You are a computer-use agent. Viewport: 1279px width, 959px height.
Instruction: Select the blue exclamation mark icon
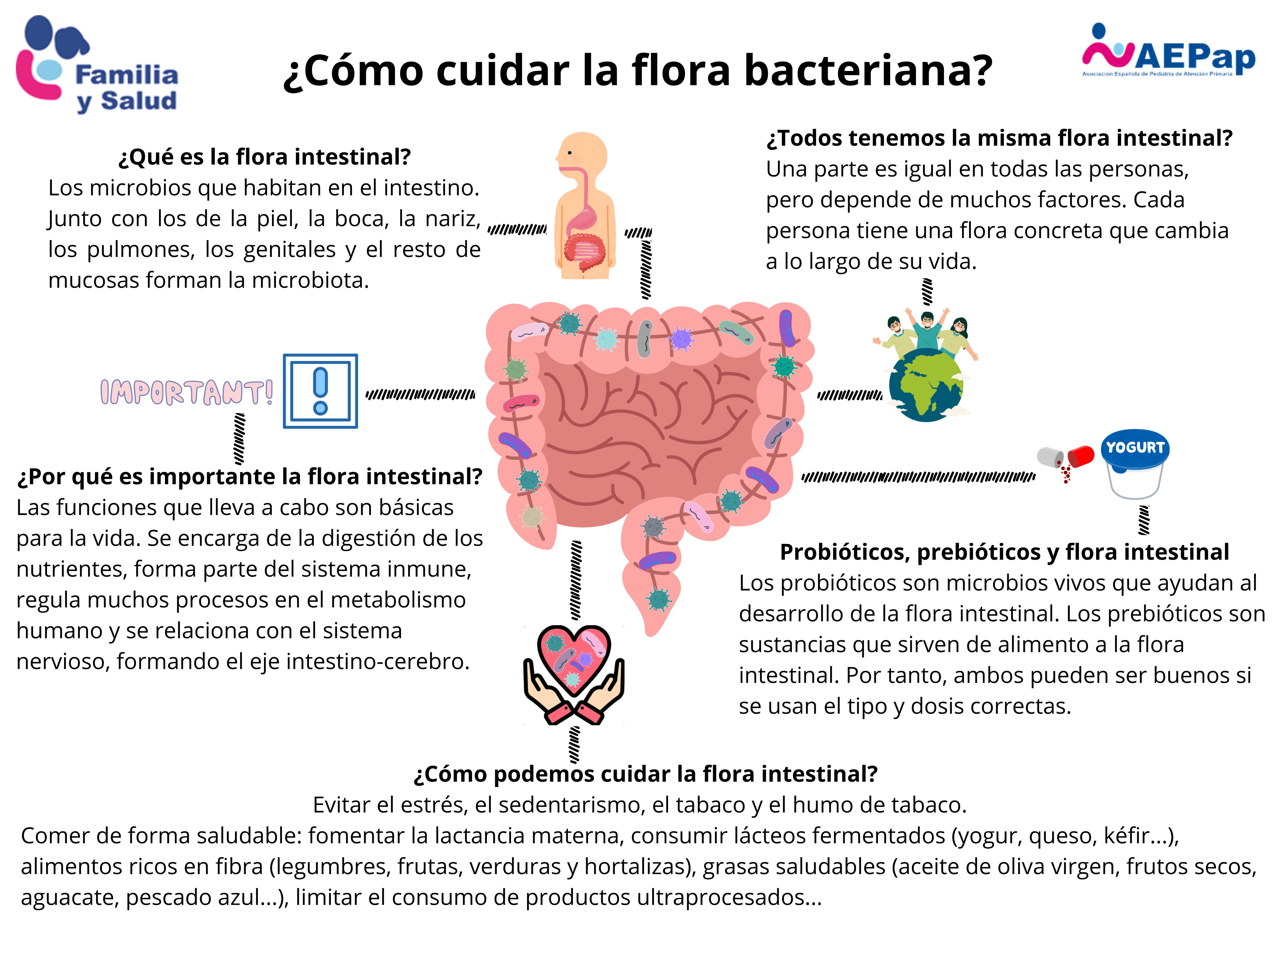click(x=320, y=391)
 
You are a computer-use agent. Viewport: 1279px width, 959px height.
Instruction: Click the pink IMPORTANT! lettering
click(x=186, y=392)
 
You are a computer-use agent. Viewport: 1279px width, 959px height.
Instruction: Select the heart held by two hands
click(x=574, y=659)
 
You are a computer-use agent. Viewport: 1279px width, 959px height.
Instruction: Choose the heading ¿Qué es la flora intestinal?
click(x=264, y=157)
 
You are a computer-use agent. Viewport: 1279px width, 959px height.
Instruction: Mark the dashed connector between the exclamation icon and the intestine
click(x=420, y=395)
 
